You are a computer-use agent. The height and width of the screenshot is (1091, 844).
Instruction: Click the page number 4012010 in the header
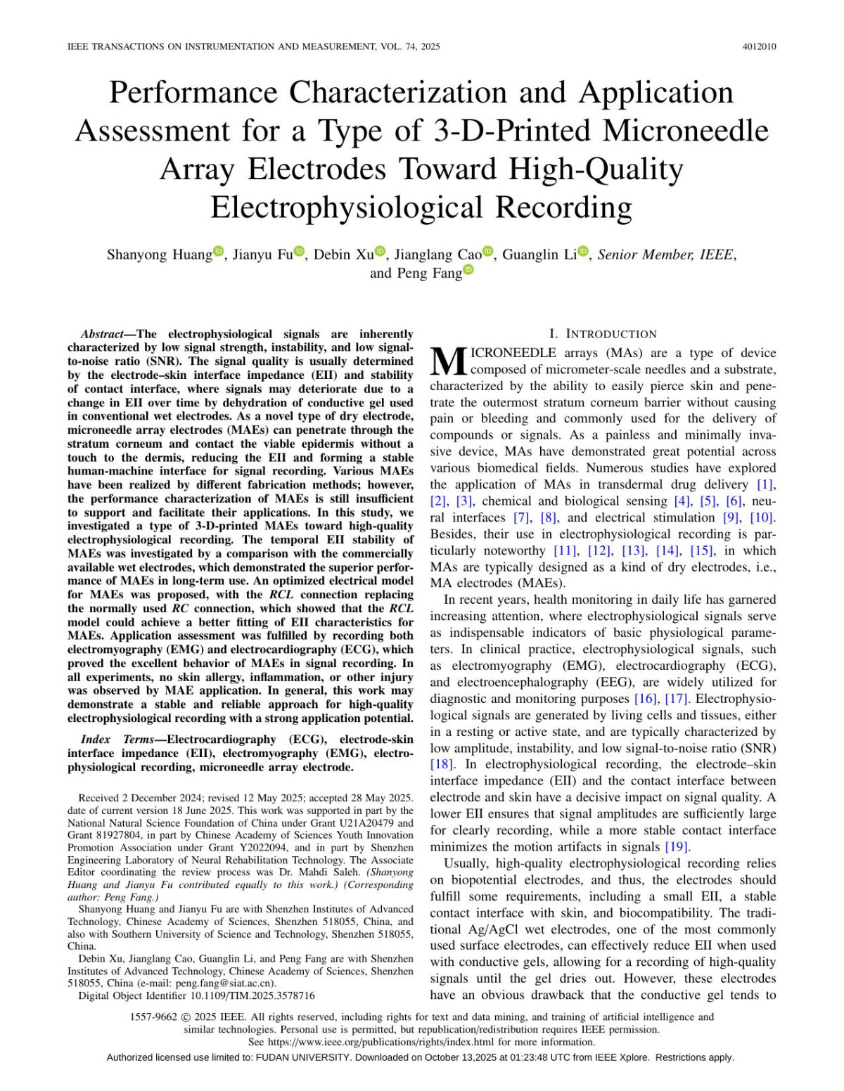(x=759, y=47)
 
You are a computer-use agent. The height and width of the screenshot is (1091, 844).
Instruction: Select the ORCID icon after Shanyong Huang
(x=218, y=251)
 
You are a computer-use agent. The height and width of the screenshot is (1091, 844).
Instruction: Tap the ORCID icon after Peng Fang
(x=468, y=270)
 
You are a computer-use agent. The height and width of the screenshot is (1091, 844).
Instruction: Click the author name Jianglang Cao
(x=437, y=254)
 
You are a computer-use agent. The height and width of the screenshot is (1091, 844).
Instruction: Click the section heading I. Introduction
(x=603, y=334)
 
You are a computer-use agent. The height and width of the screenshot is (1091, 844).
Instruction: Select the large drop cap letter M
(x=448, y=361)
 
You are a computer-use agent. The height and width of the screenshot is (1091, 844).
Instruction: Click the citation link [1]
(x=765, y=484)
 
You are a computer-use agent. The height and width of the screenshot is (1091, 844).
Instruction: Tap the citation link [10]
(x=762, y=517)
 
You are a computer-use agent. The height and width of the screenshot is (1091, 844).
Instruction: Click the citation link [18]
(x=442, y=764)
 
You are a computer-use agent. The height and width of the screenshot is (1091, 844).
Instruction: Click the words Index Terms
(x=117, y=739)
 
